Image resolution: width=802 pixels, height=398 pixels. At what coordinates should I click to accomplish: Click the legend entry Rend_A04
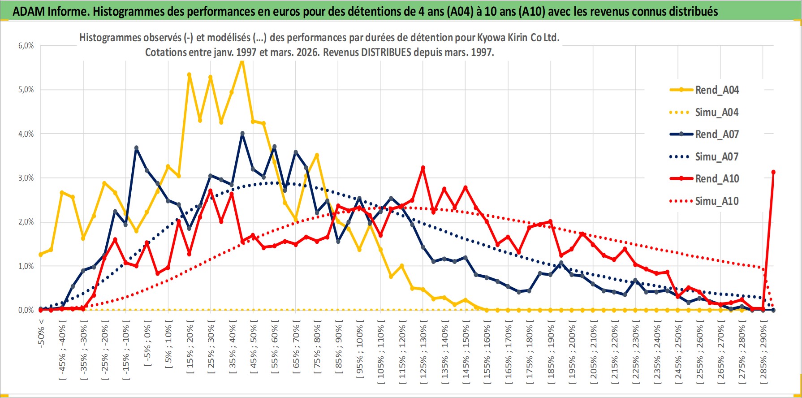[716, 90]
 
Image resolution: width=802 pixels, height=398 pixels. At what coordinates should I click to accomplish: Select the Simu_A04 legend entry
[716, 112]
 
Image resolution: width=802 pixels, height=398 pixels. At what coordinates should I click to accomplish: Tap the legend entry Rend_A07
[716, 134]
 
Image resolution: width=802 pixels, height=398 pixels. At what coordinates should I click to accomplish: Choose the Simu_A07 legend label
[716, 157]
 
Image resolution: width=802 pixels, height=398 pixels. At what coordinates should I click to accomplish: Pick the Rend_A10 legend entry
[716, 179]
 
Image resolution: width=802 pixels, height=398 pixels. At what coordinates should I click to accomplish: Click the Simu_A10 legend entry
[716, 201]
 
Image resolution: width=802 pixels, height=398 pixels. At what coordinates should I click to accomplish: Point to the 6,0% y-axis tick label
[26, 46]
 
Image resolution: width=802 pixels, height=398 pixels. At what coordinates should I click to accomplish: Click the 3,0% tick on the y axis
[26, 178]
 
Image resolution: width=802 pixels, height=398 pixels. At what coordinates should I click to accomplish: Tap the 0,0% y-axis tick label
[26, 310]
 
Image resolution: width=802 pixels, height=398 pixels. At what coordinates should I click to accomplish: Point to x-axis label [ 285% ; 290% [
[763, 352]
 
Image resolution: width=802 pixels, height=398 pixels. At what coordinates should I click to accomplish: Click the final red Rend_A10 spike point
[773, 172]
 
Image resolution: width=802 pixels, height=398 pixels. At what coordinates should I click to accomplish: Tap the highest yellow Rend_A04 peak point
[242, 61]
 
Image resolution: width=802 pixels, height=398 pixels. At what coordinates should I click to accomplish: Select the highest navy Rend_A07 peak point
[242, 133]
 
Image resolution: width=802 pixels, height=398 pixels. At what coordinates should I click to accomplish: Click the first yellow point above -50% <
[41, 254]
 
